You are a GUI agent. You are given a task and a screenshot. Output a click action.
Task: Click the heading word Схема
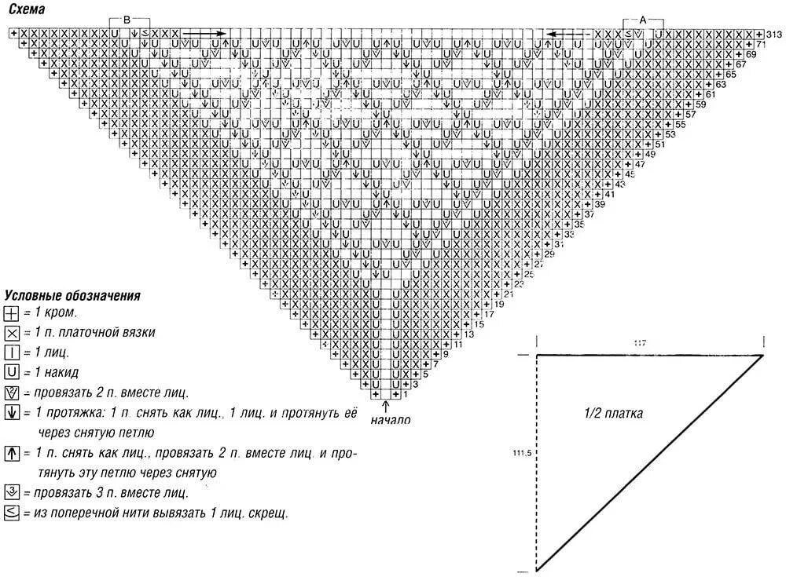pos(22,9)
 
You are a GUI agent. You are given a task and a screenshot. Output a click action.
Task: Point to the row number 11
pos(459,345)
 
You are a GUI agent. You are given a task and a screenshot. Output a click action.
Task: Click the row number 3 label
pos(416,385)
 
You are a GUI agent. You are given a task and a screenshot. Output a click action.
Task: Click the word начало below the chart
pos(390,420)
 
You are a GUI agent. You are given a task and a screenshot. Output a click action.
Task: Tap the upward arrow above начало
pos(385,406)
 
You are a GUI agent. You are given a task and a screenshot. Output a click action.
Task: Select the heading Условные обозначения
pos(72,296)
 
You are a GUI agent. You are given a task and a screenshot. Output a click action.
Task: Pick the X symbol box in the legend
pos(12,333)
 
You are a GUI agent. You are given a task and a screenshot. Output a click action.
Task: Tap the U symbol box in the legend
pos(12,372)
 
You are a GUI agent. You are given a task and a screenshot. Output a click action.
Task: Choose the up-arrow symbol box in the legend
pos(12,453)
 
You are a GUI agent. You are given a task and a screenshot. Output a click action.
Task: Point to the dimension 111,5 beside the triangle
pos(520,454)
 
